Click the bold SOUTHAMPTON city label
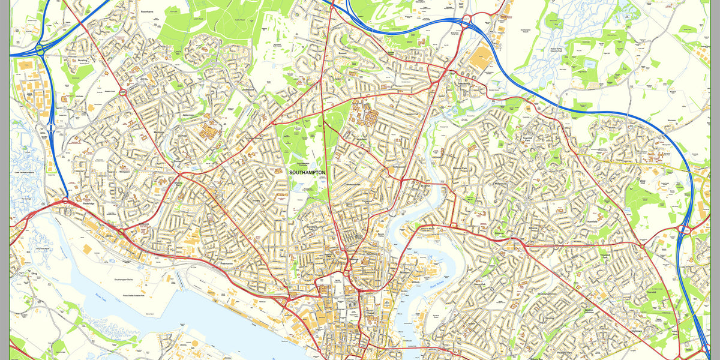[x=307, y=172]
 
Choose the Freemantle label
[x=227, y=263]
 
